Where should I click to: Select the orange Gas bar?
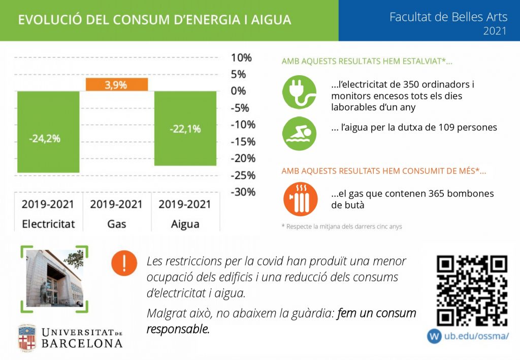coord(116,85)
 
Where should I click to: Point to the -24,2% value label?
coord(45,139)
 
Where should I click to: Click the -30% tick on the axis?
coord(243,192)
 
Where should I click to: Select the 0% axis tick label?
coord(239,91)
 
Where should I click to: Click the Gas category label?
coord(116,224)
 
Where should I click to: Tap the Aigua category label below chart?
coord(185,224)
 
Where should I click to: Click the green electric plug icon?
coord(299,92)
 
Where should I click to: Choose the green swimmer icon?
coord(299,134)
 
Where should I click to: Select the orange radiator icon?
coord(301,199)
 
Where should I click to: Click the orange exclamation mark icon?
coord(124,263)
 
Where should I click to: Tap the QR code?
coord(472,290)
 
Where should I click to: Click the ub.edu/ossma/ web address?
coord(476,336)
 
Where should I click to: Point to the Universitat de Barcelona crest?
coord(27,338)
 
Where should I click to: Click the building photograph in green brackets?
coord(54,278)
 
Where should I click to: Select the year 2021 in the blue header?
coord(495,31)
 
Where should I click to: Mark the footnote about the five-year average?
coord(341,226)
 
